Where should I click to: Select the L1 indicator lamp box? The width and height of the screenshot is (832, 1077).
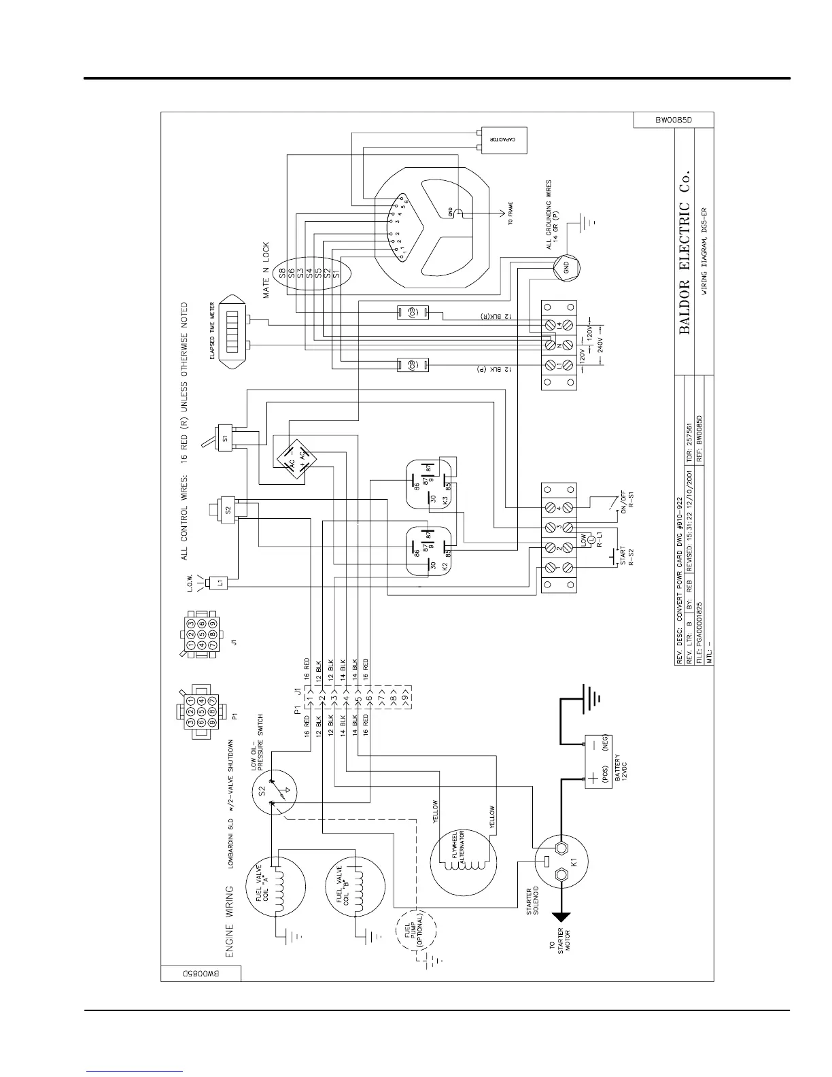220,583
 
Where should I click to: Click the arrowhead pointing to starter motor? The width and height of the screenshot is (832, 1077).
561,918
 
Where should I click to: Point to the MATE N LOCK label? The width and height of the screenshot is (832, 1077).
267,270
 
